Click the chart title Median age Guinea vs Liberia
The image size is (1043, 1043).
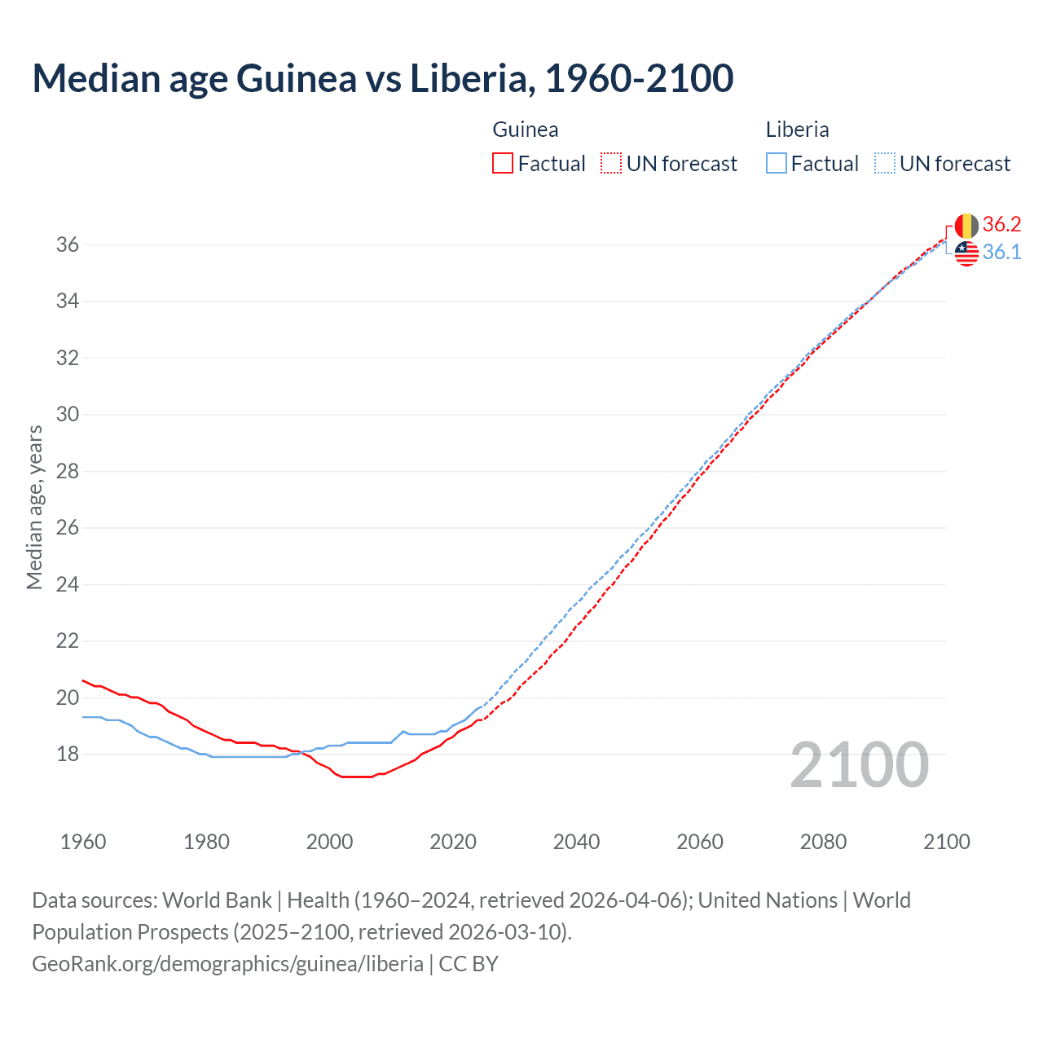(383, 78)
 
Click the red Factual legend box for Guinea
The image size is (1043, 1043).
(503, 163)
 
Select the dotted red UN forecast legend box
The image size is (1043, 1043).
(611, 163)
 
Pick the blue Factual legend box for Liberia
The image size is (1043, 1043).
(776, 163)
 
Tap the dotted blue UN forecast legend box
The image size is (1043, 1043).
(884, 163)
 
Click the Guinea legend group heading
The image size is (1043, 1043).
(526, 130)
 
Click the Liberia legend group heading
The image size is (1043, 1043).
(797, 130)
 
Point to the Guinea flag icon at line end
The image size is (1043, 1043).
(966, 225)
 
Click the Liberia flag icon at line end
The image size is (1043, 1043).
(966, 253)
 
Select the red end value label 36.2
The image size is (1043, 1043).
(1001, 225)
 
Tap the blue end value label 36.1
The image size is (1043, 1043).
(1001, 253)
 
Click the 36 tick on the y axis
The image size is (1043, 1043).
(68, 244)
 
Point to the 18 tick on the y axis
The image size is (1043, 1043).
(68, 755)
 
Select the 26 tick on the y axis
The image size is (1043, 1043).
(68, 528)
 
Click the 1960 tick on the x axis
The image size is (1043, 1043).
(83, 842)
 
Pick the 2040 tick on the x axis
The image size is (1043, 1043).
(576, 842)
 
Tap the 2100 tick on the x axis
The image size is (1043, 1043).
(946, 842)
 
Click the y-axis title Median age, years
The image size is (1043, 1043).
(34, 507)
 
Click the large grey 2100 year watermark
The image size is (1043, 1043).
(859, 764)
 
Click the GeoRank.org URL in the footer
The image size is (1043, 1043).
(227, 963)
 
